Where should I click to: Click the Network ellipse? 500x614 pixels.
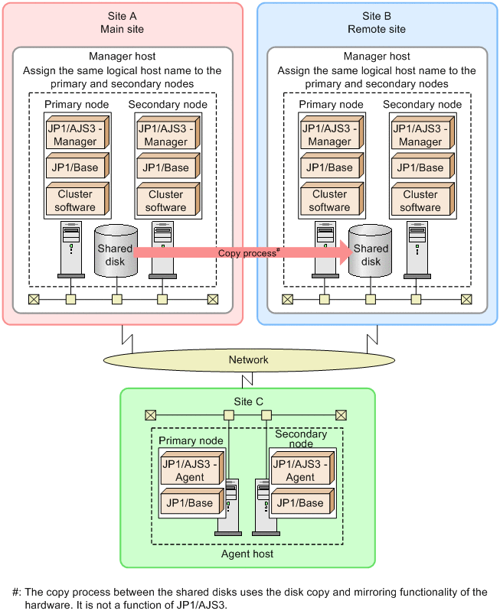tap(249, 359)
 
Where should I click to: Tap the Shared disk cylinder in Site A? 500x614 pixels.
tap(115, 251)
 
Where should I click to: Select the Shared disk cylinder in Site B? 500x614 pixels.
tap(371, 251)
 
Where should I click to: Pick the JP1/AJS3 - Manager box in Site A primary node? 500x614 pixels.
tap(75, 135)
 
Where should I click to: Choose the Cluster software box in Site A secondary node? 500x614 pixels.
tap(165, 200)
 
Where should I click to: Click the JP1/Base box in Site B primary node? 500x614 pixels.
tap(329, 167)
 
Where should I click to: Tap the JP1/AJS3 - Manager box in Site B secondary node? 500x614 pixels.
tap(420, 135)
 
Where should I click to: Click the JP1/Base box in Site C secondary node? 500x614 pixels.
tap(300, 503)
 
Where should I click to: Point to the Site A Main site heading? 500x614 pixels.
tap(122, 22)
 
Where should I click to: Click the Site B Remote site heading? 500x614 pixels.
tap(376, 22)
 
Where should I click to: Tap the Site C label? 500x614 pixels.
tap(248, 401)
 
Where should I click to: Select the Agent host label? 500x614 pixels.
tap(247, 553)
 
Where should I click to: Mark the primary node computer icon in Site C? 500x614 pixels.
tap(230, 505)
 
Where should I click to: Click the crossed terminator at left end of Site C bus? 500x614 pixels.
tap(151, 415)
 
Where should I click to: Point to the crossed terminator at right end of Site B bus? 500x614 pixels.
tap(466, 299)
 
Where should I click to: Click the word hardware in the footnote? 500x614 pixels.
tap(37, 603)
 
